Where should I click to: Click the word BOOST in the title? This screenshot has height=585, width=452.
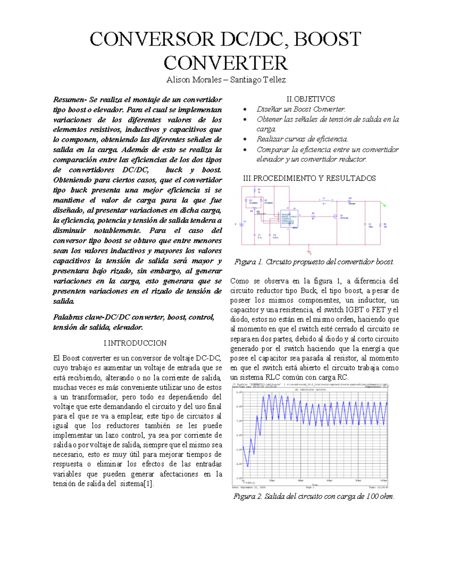[327, 39]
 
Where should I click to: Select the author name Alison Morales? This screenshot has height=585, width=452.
[194, 80]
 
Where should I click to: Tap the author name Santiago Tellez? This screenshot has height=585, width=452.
[258, 80]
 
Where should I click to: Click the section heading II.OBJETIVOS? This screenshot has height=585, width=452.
[310, 99]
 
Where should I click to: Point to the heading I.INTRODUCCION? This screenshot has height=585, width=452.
[135, 343]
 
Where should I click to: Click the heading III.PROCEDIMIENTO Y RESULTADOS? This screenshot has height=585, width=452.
[309, 178]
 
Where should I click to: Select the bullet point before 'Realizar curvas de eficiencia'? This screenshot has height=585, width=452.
[245, 139]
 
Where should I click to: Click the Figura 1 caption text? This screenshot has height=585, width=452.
[314, 262]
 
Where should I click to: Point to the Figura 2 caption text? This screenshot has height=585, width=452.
[314, 496]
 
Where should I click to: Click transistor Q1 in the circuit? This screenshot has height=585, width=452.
[335, 216]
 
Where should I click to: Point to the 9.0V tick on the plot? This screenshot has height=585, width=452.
[238, 392]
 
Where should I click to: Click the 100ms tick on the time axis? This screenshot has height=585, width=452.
[383, 481]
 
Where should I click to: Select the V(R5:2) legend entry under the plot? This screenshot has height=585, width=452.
[249, 483]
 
